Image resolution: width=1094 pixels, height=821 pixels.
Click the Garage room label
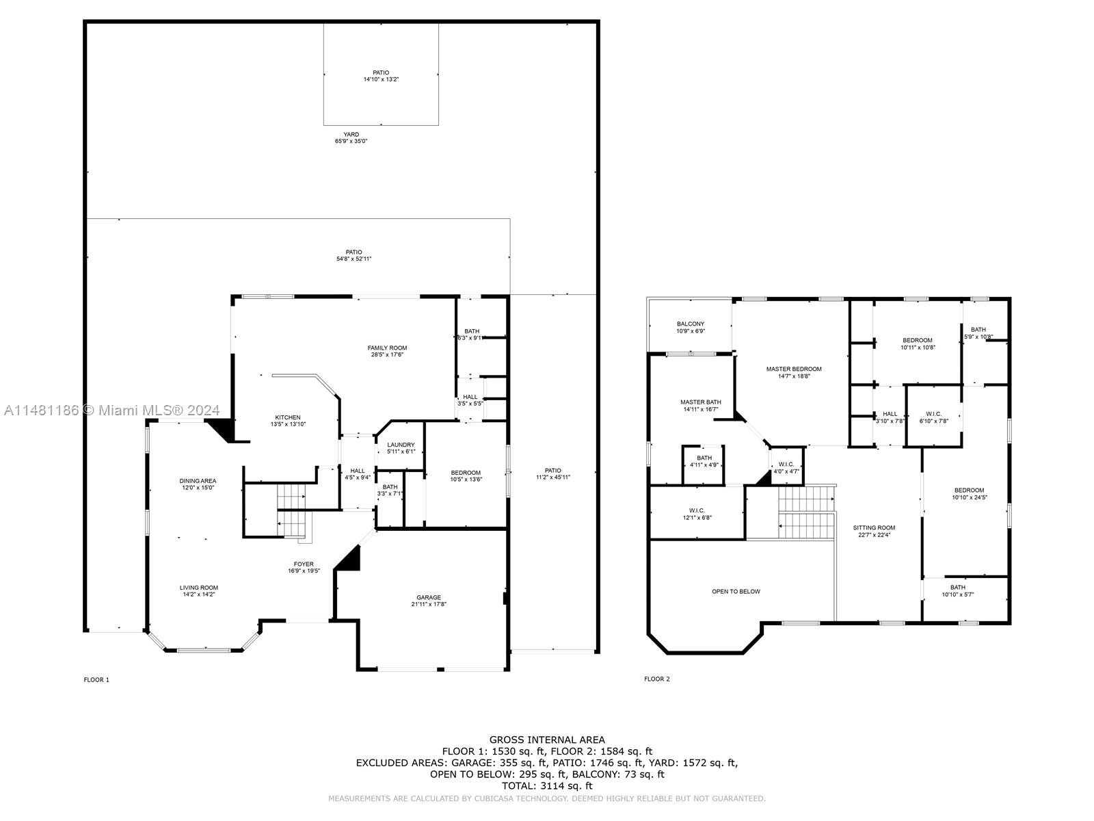tap(429, 597)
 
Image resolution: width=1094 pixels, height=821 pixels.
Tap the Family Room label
tap(387, 348)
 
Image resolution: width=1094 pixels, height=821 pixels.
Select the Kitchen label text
tap(288, 417)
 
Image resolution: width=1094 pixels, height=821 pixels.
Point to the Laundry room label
tap(401, 445)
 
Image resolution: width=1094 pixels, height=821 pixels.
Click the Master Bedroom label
tap(793, 369)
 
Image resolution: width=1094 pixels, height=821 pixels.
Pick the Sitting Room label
tap(874, 527)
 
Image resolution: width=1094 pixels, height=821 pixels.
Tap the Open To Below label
tap(736, 591)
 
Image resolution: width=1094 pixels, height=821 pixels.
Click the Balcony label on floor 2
tap(691, 324)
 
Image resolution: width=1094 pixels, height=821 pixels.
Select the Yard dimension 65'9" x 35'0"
tap(351, 142)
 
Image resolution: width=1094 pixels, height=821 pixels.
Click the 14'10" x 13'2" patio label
tap(381, 79)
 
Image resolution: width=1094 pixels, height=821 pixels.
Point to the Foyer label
tap(304, 564)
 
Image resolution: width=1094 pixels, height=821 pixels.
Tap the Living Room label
tap(199, 588)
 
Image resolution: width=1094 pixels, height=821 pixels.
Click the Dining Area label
tap(198, 481)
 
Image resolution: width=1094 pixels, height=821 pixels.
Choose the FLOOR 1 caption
tap(96, 679)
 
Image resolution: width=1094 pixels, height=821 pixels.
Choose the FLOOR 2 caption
tap(657, 679)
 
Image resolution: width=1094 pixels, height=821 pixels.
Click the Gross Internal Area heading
tap(547, 740)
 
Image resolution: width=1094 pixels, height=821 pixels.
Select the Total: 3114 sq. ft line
tap(547, 786)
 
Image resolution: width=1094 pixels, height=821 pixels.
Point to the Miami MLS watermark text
tap(112, 410)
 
